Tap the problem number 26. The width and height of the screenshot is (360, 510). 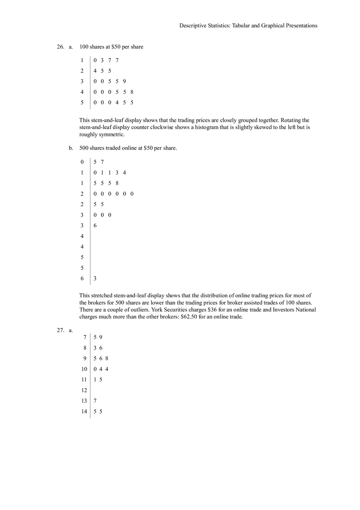click(x=60, y=47)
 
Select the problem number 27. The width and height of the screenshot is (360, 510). click(x=60, y=330)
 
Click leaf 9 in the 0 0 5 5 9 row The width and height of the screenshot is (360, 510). click(x=124, y=81)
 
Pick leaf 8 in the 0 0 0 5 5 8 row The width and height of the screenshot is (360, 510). click(x=132, y=92)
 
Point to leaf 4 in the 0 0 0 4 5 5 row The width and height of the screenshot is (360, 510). click(x=117, y=103)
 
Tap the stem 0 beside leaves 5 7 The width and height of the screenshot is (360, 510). click(x=82, y=162)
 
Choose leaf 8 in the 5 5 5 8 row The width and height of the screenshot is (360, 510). click(x=117, y=183)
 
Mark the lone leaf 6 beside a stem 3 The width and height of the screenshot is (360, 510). click(x=95, y=226)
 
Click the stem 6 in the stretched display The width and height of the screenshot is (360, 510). click(x=82, y=279)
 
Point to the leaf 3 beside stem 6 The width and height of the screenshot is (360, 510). click(x=95, y=279)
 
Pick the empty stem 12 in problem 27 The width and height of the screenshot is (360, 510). click(x=84, y=391)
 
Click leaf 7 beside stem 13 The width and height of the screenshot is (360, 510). click(x=95, y=401)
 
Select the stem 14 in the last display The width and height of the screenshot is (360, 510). click(x=84, y=412)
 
